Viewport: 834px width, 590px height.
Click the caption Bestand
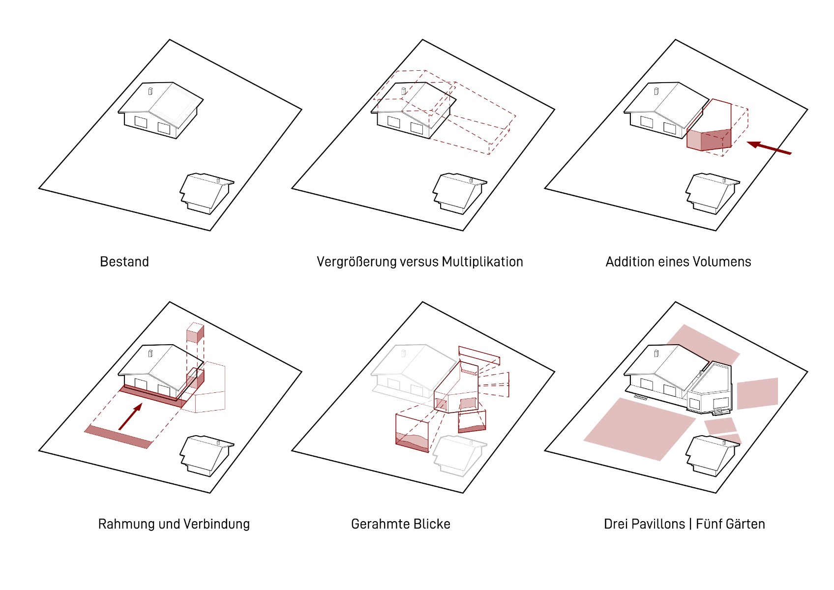pos(124,262)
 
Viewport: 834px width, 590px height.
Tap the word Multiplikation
pos(482,262)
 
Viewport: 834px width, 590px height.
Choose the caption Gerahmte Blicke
pos(401,524)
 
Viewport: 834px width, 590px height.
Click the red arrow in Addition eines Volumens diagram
pos(769,147)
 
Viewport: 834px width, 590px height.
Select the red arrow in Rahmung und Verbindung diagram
pos(130,416)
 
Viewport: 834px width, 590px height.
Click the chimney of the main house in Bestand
pos(150,91)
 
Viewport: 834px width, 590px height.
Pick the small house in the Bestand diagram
pos(207,193)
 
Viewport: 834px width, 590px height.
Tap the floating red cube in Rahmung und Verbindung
pos(195,332)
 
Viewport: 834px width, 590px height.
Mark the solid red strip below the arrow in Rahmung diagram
pos(118,437)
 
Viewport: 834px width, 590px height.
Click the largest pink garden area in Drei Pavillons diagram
pos(639,429)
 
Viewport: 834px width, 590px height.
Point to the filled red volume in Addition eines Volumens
pos(709,140)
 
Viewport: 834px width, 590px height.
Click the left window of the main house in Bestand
pos(141,121)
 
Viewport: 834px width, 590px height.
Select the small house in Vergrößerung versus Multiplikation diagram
pos(460,193)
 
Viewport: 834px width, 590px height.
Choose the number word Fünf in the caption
pos(707,524)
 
